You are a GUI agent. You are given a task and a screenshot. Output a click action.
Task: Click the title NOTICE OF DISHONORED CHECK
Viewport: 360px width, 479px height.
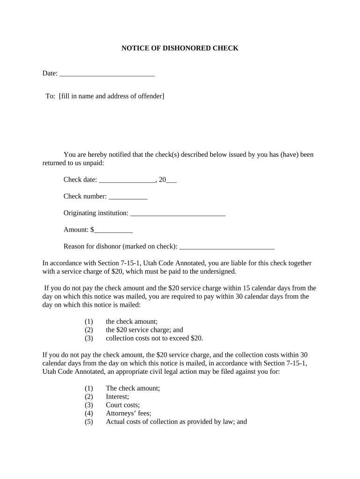click(x=180, y=48)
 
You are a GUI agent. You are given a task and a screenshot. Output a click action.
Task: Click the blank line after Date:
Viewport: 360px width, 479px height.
click(x=107, y=73)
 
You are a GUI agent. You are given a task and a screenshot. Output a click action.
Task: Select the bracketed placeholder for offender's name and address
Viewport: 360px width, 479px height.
click(x=112, y=96)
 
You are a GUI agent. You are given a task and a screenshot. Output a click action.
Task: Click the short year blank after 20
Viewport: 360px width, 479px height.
click(x=171, y=180)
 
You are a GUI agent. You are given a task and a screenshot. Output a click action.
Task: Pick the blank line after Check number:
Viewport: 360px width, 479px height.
click(x=128, y=197)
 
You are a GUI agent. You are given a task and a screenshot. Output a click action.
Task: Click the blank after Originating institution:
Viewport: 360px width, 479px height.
click(x=178, y=214)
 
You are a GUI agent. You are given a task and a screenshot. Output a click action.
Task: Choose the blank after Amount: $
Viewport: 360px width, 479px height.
click(x=114, y=230)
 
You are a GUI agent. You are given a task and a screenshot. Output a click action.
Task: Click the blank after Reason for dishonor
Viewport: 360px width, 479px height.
click(x=227, y=247)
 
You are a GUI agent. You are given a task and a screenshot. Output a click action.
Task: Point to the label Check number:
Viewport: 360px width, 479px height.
click(x=85, y=196)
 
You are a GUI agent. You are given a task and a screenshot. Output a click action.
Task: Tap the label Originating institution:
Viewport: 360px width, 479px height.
click(x=96, y=213)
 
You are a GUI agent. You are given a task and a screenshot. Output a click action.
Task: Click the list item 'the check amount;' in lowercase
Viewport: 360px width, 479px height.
click(x=132, y=321)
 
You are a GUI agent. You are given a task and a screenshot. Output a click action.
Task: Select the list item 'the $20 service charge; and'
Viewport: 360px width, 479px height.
click(x=144, y=330)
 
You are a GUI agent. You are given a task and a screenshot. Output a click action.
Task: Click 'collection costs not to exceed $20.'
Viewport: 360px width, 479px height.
click(x=154, y=338)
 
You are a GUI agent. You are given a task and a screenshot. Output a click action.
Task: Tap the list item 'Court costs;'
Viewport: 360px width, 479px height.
click(x=122, y=405)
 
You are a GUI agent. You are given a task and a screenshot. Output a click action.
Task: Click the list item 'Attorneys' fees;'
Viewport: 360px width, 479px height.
click(x=129, y=414)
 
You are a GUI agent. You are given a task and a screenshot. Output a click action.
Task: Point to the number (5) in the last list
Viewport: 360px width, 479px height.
click(x=89, y=422)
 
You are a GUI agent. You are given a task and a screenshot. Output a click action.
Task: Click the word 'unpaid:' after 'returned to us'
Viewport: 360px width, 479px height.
click(x=94, y=163)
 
